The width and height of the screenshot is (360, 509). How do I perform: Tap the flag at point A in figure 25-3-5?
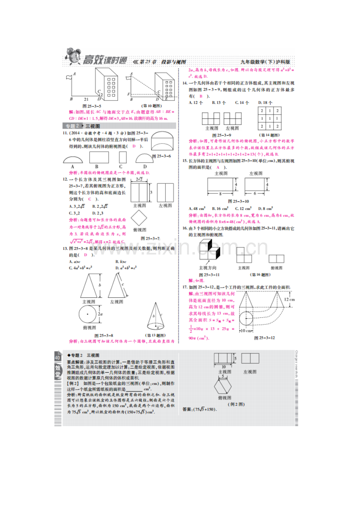pyautogui.click(x=69, y=77)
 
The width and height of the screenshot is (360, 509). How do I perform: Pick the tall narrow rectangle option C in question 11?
pyautogui.click(x=122, y=157)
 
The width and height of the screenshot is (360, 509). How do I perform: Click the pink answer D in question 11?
pyautogui.click(x=134, y=146)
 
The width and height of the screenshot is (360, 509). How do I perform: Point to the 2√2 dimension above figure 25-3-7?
pyautogui.click(x=139, y=179)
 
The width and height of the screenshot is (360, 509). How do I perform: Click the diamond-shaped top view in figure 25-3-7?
pyautogui.click(x=139, y=219)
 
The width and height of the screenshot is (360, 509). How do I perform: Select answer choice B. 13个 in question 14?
pyautogui.click(x=219, y=102)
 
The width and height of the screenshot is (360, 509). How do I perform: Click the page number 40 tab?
pyautogui.click(x=58, y=358)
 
